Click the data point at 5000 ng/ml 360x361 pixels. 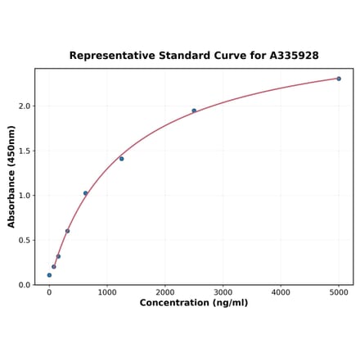tap(339, 79)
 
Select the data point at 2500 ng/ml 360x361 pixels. tap(194, 111)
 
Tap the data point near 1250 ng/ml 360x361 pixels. tap(121, 159)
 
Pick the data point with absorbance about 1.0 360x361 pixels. tap(85, 193)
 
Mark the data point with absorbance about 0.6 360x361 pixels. tap(67, 231)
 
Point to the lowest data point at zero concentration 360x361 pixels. tap(49, 275)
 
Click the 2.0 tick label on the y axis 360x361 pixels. tap(24, 106)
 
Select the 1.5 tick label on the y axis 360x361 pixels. tap(24, 151)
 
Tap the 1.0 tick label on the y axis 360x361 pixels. tap(24, 196)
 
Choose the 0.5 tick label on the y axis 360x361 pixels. tap(24, 241)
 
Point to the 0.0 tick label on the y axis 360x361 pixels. tap(24, 285)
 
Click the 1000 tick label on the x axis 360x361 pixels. tap(107, 292)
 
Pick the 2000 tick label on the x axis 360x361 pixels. tap(165, 292)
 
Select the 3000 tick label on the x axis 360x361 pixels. tap(223, 292)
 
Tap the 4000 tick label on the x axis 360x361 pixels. tap(281, 292)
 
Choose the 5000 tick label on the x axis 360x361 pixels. tap(339, 292)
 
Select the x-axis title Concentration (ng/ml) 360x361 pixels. tap(194, 303)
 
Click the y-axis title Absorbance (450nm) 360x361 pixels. tap(11, 176)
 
